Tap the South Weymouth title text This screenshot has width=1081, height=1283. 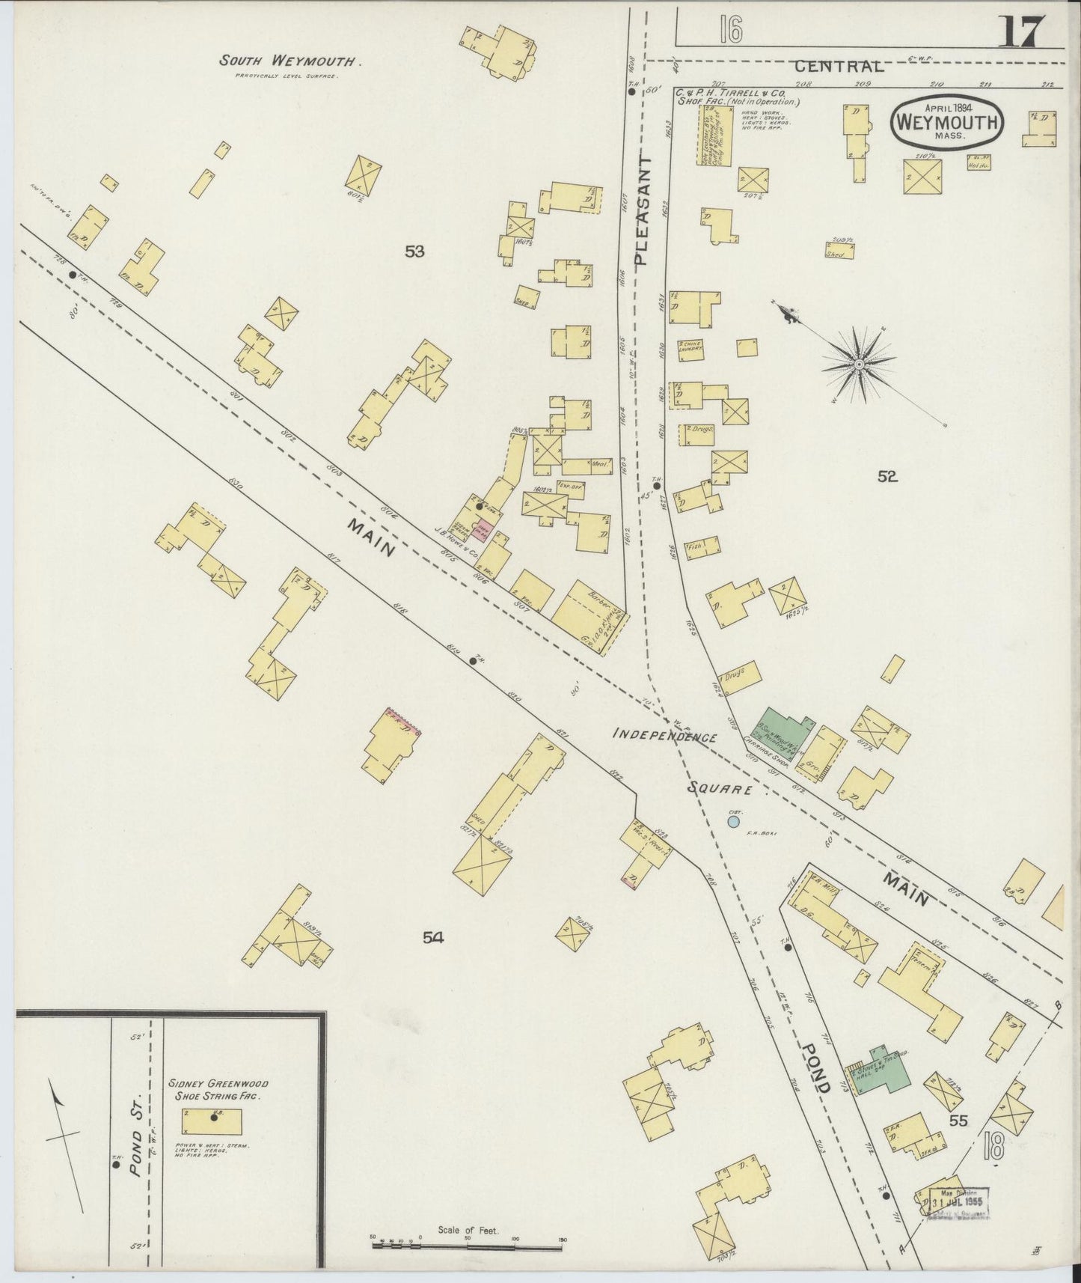coord(290,61)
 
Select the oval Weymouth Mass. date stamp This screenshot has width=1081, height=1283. coord(947,122)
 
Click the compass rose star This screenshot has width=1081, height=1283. coord(860,364)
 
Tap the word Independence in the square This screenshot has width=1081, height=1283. coord(664,735)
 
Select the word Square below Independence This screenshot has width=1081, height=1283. coord(718,788)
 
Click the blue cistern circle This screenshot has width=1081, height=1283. coord(734,821)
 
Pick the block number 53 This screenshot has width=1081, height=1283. coord(414,252)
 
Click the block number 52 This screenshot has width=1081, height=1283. coord(888,476)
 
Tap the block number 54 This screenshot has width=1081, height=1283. coord(432,936)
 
